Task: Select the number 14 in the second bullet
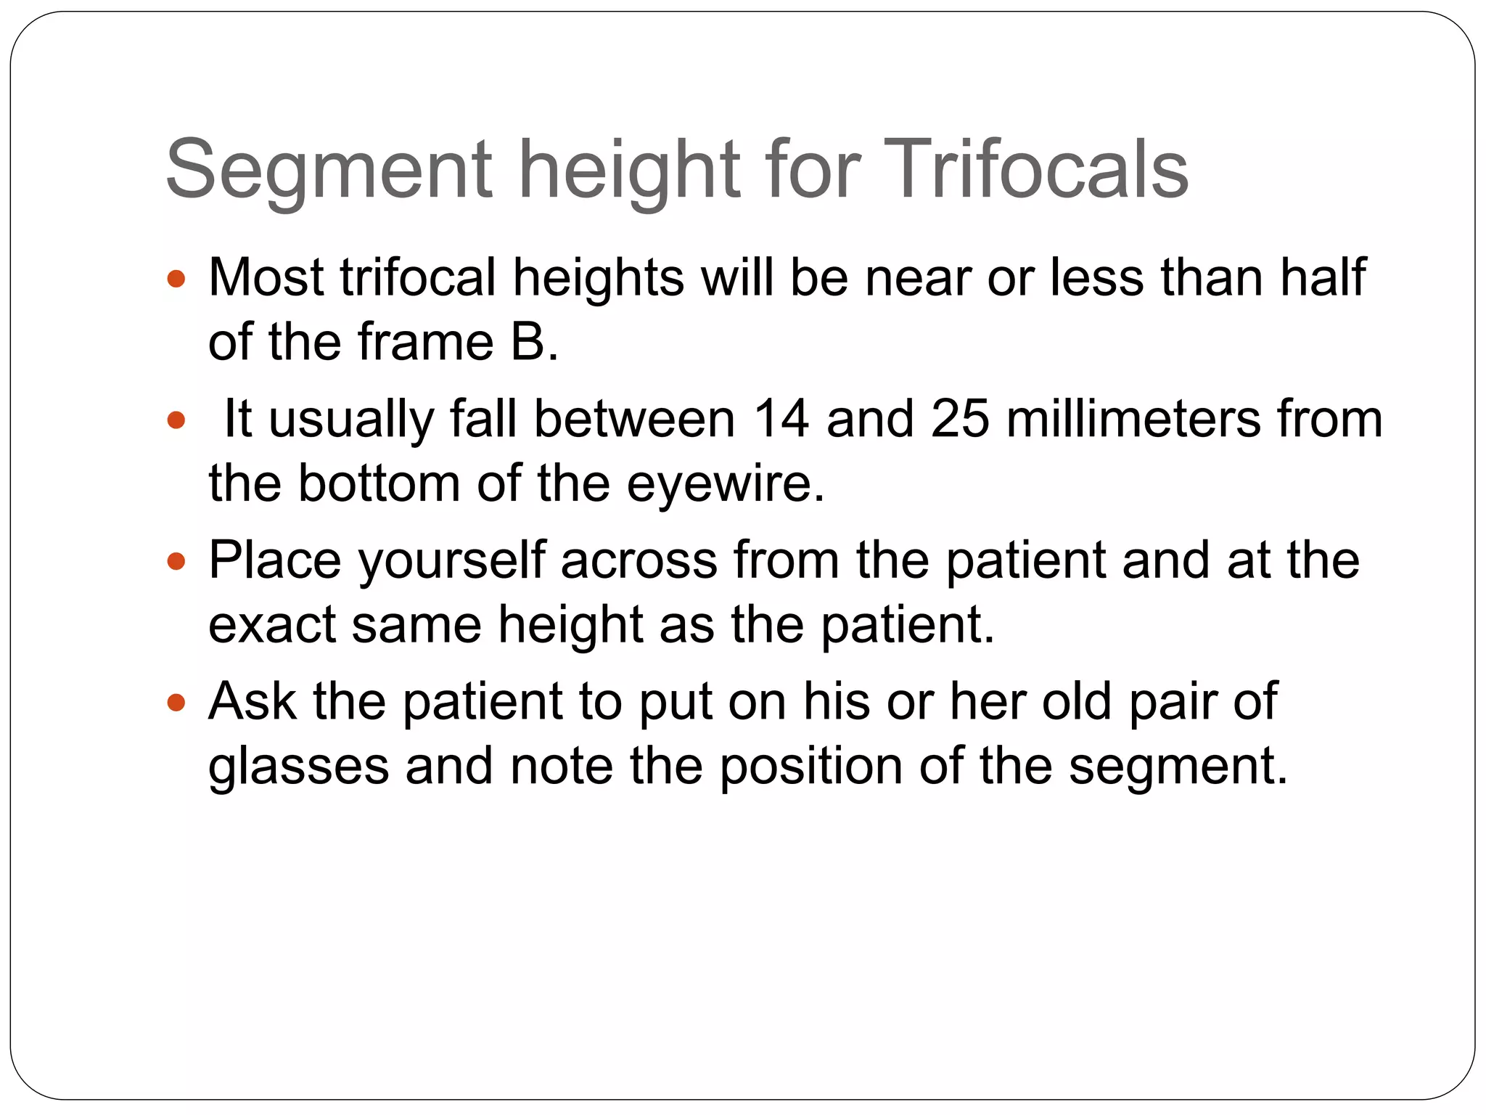pos(781,419)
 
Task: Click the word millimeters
pos(1133,419)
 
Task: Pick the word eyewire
pos(725,483)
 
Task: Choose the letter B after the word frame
pos(528,342)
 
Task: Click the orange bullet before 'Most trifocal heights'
pos(176,279)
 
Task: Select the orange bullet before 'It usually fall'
pos(176,420)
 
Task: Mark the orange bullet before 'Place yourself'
pos(176,561)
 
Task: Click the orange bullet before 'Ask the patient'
pos(176,703)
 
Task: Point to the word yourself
pos(451,561)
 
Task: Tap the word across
pos(639,561)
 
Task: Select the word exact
pos(271,624)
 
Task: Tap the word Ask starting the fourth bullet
pos(252,701)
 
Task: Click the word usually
pos(350,420)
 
